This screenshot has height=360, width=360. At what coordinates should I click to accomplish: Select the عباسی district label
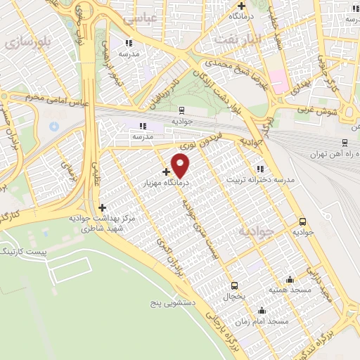click(x=139, y=20)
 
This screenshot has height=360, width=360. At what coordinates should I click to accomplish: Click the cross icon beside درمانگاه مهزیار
click(x=166, y=172)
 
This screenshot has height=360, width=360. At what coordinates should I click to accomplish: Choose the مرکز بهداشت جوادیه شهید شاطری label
click(x=97, y=224)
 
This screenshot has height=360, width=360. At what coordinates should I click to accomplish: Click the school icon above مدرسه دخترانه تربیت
click(x=260, y=169)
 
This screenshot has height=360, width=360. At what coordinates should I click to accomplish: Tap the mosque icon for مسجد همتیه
click(x=290, y=279)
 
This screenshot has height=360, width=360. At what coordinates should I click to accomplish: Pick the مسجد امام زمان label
click(x=262, y=321)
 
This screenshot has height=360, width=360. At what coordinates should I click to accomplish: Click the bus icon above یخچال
click(x=234, y=285)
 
